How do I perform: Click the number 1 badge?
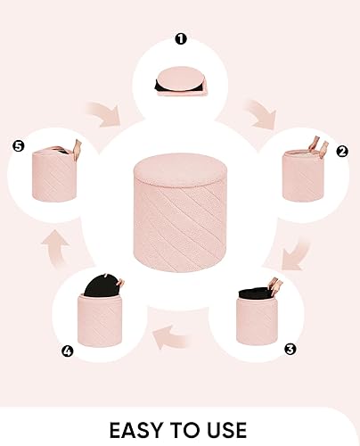(x=181, y=38)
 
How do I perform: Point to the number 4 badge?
(x=66, y=350)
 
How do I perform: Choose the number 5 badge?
(x=15, y=145)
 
